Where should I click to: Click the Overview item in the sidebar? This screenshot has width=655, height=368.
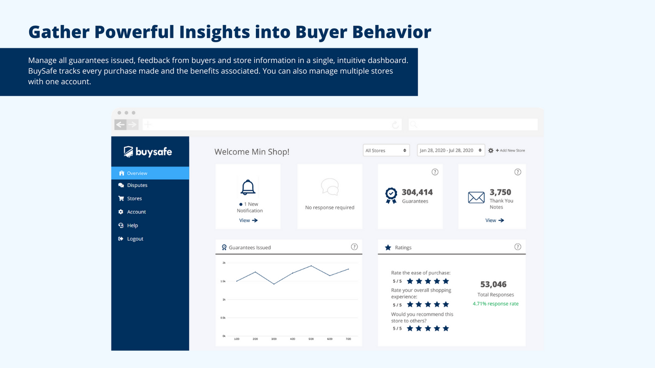click(137, 173)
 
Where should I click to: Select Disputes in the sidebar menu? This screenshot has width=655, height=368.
click(137, 186)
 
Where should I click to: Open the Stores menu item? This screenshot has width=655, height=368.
click(134, 199)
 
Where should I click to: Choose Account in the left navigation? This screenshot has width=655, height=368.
click(136, 212)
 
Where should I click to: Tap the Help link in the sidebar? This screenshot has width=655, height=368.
click(132, 225)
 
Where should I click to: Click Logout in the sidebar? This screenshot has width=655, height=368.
click(135, 239)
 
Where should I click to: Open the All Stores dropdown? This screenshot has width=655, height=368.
click(386, 151)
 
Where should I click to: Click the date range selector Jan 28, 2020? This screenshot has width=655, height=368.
click(451, 151)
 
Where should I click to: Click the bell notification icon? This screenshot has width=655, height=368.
click(248, 188)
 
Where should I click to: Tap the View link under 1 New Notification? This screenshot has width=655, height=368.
click(248, 220)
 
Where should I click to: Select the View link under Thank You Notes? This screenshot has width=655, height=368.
click(494, 220)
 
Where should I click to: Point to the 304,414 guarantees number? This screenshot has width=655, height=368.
click(417, 192)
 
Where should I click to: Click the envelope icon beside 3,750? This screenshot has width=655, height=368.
click(476, 197)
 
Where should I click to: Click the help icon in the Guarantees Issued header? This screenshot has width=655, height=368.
click(354, 247)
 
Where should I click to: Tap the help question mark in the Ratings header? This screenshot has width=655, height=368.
click(517, 247)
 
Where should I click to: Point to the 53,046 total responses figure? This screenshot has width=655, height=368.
click(493, 284)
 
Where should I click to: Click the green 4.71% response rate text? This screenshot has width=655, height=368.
click(495, 304)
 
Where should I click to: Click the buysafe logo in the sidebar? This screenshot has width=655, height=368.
click(148, 152)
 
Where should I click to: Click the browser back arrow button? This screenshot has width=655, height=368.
click(120, 125)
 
